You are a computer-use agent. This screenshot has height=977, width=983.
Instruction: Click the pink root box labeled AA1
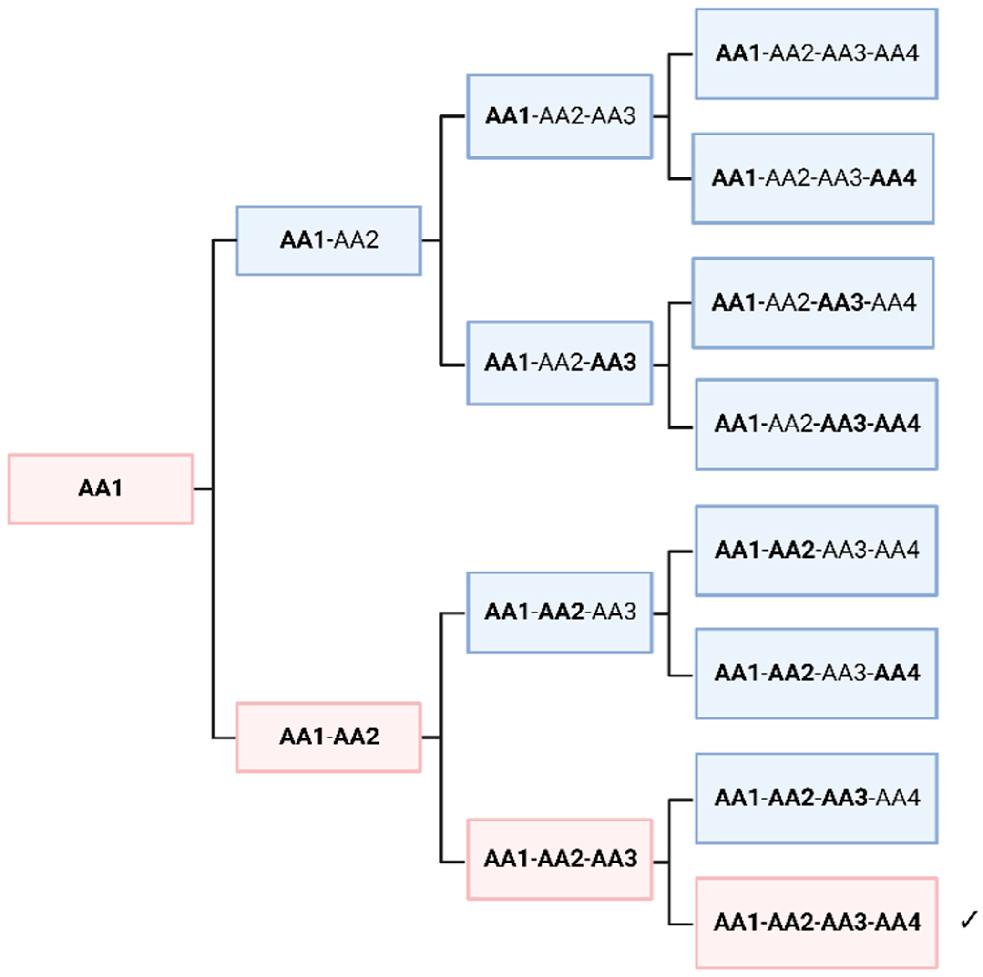100,489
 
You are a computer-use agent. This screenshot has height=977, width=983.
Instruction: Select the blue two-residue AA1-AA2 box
328,240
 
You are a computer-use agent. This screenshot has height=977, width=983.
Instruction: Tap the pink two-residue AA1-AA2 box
328,737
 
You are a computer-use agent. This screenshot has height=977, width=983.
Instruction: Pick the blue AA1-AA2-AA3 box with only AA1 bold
560,116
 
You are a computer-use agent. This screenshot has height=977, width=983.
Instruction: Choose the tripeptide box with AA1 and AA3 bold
560,363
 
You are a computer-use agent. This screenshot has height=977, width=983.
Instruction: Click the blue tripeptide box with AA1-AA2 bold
560,612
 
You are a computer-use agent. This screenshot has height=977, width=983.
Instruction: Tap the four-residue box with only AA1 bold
816,53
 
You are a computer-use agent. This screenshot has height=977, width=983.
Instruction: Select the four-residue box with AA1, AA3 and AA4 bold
816,424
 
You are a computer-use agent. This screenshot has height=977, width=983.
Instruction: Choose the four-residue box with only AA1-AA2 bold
816,551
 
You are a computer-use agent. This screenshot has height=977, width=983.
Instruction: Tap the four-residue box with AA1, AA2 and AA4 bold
816,674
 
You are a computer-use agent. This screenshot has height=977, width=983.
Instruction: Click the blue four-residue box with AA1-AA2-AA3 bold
816,798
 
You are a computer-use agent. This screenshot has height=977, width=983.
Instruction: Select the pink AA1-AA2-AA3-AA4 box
816,922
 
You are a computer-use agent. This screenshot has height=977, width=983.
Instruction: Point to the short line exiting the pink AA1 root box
203,489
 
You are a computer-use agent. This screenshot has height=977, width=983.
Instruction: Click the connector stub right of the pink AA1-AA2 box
430,737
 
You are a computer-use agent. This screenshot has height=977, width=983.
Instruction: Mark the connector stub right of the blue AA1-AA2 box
430,240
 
